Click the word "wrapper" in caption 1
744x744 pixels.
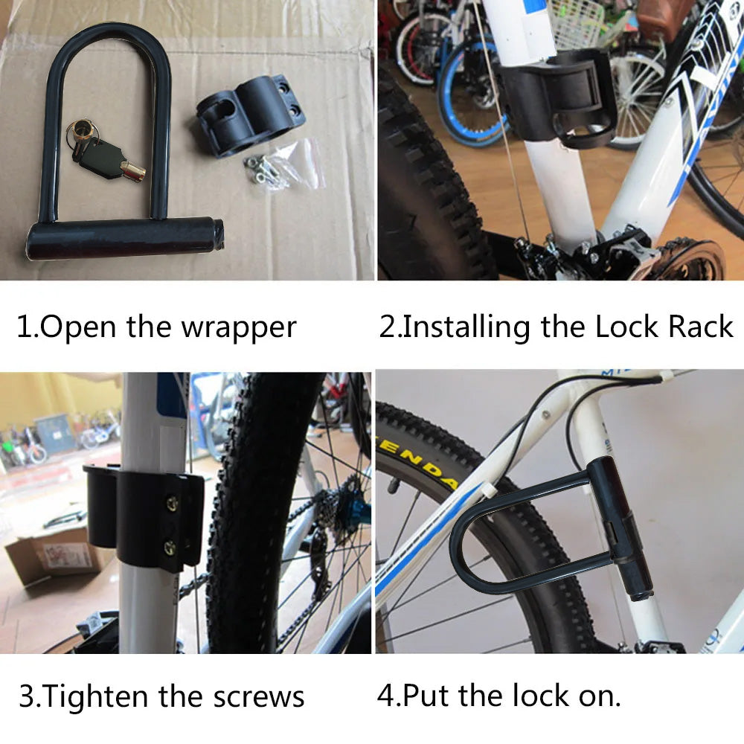pyautogui.click(x=239, y=328)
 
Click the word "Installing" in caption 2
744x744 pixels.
pyautogui.click(x=466, y=327)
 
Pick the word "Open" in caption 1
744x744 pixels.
pyautogui.click(x=78, y=328)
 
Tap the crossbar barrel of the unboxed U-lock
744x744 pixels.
pyautogui.click(x=124, y=239)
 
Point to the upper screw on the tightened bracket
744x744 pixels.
pyautogui.click(x=172, y=504)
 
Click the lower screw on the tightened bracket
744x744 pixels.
pyautogui.click(x=170, y=548)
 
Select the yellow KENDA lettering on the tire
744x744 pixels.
pyautogui.click(x=417, y=464)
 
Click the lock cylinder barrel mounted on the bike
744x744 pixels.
pyautogui.click(x=621, y=529)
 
